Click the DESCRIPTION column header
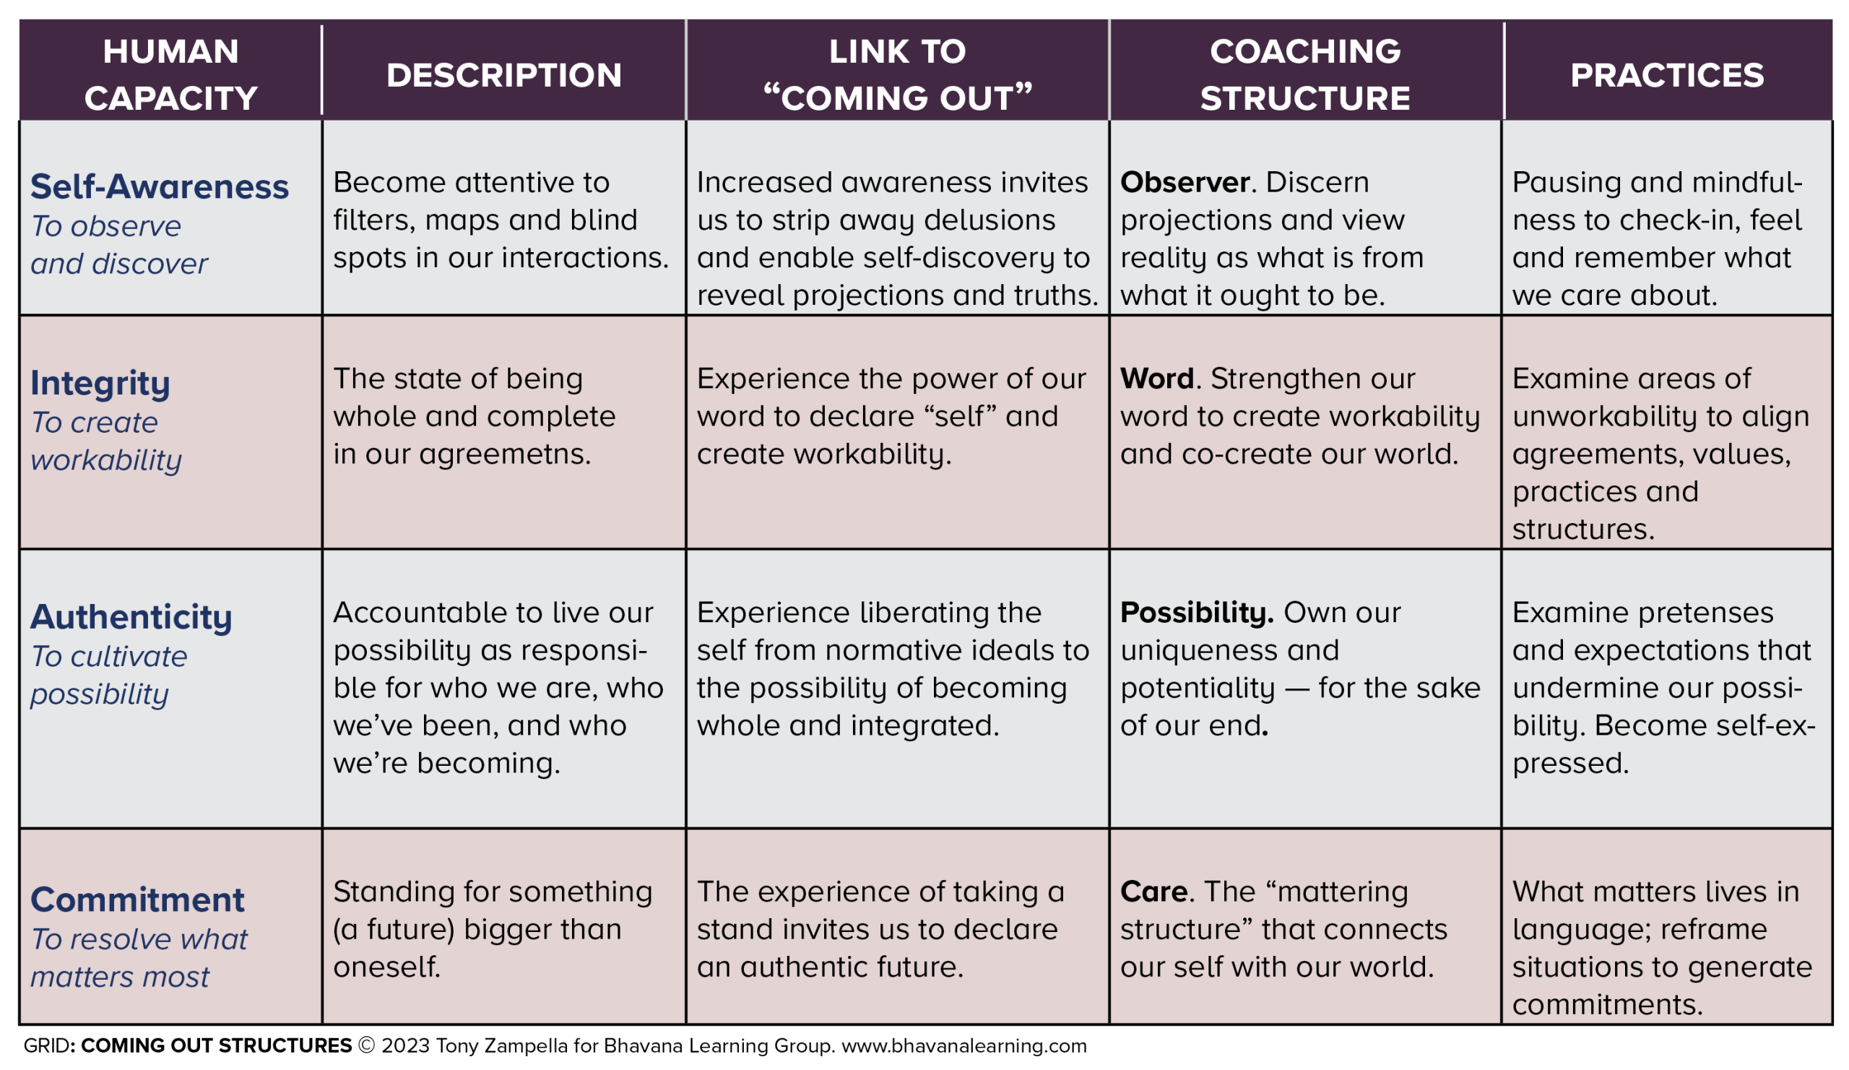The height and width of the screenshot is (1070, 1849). click(x=504, y=75)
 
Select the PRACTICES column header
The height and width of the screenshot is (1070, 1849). click(x=1667, y=75)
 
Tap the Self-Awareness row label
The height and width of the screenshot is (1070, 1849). click(x=159, y=186)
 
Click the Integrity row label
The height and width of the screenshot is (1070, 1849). click(x=100, y=383)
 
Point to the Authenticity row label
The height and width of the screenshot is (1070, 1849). click(x=131, y=616)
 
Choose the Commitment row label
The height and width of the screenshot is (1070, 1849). click(x=137, y=899)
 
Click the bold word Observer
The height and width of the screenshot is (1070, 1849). click(x=1185, y=182)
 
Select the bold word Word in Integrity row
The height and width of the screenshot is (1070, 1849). click(x=1157, y=379)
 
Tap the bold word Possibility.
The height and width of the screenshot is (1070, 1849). click(x=1197, y=613)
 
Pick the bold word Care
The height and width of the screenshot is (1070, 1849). click(x=1153, y=892)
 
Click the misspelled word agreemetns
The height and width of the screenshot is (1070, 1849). click(x=504, y=455)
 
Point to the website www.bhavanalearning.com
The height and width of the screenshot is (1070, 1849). click(x=964, y=1045)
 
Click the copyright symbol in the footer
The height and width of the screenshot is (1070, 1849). click(x=366, y=1045)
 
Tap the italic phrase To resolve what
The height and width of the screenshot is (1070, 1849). click(x=139, y=939)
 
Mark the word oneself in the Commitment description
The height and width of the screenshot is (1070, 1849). click(x=386, y=967)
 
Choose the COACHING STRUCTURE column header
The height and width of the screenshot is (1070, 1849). click(x=1305, y=75)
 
